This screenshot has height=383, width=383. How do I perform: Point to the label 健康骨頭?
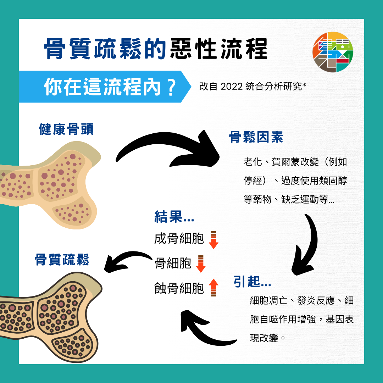pyautogui.click(x=66, y=130)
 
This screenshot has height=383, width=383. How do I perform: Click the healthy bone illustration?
pyautogui.click(x=53, y=184)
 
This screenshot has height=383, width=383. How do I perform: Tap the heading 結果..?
pyautogui.click(x=174, y=217)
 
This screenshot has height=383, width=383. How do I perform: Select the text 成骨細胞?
pyautogui.click(x=179, y=239)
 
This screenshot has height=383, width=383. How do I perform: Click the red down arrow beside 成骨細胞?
pyautogui.click(x=213, y=240)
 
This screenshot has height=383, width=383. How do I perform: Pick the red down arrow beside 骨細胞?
pyautogui.click(x=201, y=263)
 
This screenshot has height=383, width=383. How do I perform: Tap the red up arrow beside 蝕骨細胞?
pyautogui.click(x=213, y=288)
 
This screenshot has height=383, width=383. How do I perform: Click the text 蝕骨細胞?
pyautogui.click(x=179, y=288)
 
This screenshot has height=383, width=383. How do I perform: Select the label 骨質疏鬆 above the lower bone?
pyautogui.click(x=62, y=260)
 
